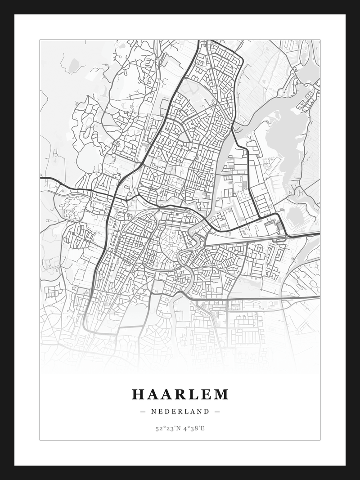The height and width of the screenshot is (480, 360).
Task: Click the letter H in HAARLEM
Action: [x=138, y=395]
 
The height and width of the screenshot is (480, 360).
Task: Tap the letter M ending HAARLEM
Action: [x=221, y=395]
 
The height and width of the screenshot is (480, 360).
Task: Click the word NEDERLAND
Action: [x=180, y=412]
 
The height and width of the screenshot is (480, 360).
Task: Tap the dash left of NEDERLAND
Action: [x=143, y=412]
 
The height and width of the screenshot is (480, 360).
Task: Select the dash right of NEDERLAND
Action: [x=217, y=412]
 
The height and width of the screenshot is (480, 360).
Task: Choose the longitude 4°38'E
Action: [x=193, y=428]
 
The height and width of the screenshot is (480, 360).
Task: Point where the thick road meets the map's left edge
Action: [x=41, y=178]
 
